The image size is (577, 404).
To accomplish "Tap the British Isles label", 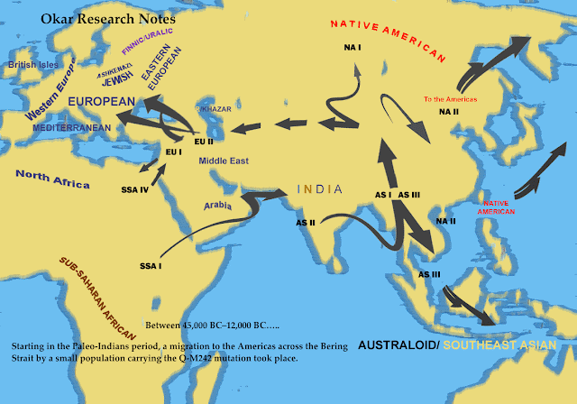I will [33, 66].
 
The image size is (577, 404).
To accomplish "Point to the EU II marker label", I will [204, 141].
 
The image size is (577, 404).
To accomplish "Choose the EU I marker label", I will [174, 152].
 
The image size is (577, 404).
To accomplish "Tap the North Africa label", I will [51, 179].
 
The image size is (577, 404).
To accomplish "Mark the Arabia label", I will [220, 206].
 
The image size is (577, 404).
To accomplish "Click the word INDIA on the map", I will [319, 189].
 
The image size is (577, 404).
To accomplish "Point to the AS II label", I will [307, 221].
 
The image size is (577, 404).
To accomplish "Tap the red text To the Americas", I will [450, 98].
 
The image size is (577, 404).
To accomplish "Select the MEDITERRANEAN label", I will [72, 128].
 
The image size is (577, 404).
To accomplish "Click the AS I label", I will [382, 195].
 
